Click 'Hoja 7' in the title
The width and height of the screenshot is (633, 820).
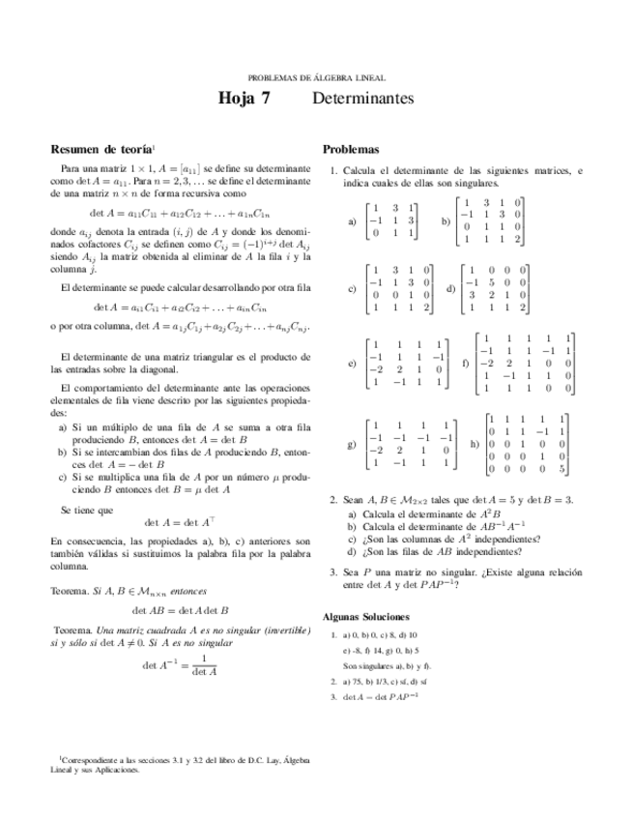pyautogui.click(x=245, y=99)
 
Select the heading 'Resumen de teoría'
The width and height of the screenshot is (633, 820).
pyautogui.click(x=101, y=149)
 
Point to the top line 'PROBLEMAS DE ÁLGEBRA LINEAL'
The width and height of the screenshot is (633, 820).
pyautogui.click(x=316, y=76)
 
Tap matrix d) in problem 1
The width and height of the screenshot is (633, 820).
pyautogui.click(x=494, y=288)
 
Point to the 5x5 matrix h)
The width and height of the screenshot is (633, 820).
pyautogui.click(x=527, y=443)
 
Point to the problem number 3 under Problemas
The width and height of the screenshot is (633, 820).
pyautogui.click(x=331, y=571)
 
